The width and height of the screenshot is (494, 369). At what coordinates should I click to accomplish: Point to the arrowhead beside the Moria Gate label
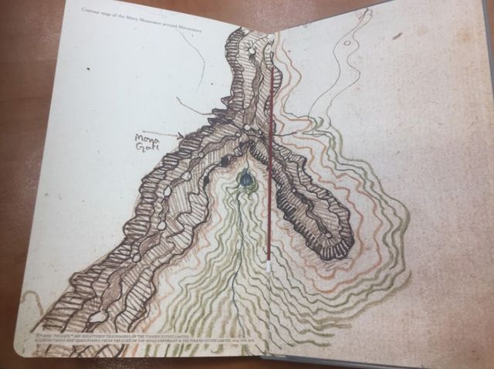click(182, 135)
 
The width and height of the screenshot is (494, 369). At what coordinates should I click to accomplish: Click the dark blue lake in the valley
click(245, 179)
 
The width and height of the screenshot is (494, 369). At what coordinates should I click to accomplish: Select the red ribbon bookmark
click(270, 154)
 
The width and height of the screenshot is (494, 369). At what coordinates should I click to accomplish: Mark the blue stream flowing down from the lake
click(241, 255)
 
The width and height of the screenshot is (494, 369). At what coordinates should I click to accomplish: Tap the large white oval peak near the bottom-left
click(98, 317)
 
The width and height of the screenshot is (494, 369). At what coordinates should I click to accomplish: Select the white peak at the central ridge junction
click(246, 128)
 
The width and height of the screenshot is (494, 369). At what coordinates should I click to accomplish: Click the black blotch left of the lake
click(225, 161)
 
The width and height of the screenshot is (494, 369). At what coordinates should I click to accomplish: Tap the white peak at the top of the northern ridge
click(251, 52)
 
